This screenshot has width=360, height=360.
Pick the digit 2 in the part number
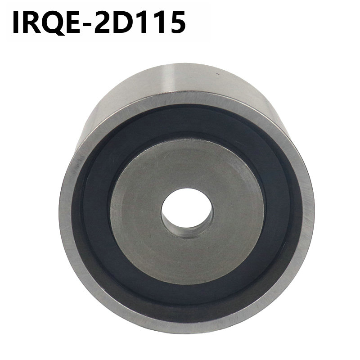click(x=102, y=22)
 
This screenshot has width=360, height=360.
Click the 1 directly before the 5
click(x=158, y=23)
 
